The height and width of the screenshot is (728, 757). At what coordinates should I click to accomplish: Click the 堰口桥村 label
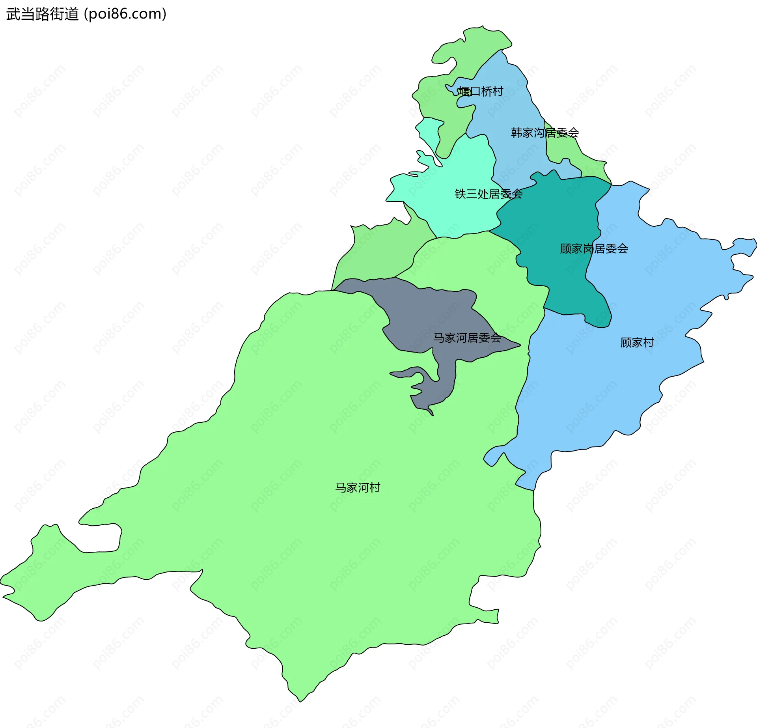click(480, 91)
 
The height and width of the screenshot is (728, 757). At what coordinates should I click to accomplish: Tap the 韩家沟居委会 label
click(544, 133)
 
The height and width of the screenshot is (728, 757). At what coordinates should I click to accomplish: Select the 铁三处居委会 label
click(489, 194)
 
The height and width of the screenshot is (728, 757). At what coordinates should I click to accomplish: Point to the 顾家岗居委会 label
click(594, 249)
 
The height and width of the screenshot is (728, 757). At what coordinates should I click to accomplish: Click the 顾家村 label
click(637, 343)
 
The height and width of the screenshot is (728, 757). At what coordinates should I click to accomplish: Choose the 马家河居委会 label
click(467, 338)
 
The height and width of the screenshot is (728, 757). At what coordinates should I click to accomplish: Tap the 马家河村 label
click(358, 488)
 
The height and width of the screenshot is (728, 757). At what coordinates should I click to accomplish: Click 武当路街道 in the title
click(43, 14)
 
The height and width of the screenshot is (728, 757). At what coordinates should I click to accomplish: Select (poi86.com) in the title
click(125, 14)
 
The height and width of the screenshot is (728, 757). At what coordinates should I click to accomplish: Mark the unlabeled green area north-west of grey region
click(378, 252)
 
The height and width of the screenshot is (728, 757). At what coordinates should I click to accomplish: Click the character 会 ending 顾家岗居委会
click(623, 249)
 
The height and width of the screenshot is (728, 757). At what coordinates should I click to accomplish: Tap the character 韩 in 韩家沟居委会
click(516, 133)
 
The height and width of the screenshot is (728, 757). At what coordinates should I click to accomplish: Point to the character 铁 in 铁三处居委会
click(461, 194)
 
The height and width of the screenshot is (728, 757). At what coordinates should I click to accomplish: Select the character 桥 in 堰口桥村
click(486, 91)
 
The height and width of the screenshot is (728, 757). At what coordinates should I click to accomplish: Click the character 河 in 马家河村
click(363, 488)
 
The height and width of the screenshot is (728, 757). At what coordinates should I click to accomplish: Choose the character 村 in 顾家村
click(649, 343)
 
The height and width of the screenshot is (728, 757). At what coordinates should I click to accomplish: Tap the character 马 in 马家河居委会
click(439, 338)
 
